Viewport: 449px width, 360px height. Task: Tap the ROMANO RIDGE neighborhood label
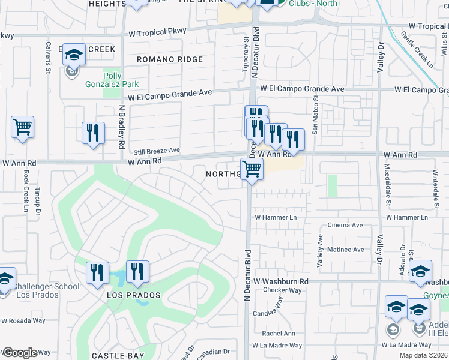point(170,59)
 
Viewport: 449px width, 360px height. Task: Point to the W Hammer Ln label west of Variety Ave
point(276,217)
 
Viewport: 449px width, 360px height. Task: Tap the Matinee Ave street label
point(345,250)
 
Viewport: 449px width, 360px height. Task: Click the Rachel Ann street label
point(279,334)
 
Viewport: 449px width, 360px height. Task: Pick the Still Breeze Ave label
point(157,151)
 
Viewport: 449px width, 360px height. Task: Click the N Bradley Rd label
point(121,127)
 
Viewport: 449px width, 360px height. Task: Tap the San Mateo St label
point(315,115)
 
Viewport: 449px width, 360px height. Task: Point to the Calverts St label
point(48,57)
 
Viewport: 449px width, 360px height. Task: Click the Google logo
point(20,353)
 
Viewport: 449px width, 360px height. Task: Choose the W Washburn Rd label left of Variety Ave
point(280,281)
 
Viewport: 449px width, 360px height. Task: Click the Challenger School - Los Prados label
point(42,290)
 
